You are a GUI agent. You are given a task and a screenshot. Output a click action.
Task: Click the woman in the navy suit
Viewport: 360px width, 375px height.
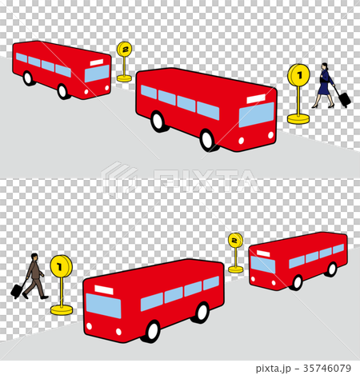(x=323, y=86)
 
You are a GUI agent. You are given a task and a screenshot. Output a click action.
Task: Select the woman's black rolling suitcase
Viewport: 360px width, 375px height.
(x=344, y=98)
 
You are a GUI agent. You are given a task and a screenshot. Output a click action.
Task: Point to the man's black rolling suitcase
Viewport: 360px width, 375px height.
(x=18, y=290)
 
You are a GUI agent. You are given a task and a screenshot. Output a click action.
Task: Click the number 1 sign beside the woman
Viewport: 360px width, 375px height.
(x=298, y=75)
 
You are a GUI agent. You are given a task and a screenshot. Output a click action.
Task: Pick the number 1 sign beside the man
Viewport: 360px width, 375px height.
(x=61, y=266)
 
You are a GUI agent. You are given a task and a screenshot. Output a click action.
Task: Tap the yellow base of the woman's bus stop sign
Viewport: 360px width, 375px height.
(x=298, y=118)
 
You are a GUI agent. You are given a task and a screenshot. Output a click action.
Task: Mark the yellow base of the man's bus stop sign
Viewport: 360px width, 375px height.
(x=62, y=309)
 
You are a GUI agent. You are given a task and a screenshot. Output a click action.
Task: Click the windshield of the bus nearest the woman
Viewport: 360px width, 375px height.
(x=257, y=114)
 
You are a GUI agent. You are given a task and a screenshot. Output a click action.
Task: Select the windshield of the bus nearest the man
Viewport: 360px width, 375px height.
(x=103, y=305)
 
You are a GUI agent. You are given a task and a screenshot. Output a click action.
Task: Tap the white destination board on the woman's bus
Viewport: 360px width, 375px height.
(x=256, y=98)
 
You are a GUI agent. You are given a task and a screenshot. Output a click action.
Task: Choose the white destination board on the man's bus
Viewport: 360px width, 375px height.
(x=104, y=289)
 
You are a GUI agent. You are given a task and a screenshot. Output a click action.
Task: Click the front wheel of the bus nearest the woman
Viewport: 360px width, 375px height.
(x=207, y=140)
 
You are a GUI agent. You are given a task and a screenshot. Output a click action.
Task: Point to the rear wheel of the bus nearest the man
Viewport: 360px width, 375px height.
(x=202, y=313)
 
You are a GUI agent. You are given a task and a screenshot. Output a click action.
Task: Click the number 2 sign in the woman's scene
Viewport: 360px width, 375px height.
(x=124, y=49)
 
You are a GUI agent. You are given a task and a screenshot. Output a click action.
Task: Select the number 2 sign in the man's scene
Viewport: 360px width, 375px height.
(x=235, y=240)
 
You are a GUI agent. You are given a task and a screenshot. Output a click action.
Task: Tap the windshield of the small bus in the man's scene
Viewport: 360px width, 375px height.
(x=262, y=265)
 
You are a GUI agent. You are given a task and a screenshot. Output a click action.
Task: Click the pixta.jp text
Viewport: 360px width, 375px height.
(x=274, y=369)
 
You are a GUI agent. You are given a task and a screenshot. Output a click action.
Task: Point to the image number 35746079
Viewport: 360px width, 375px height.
(x=327, y=368)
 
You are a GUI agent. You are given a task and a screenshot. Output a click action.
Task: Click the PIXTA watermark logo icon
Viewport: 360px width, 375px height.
(x=119, y=179)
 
